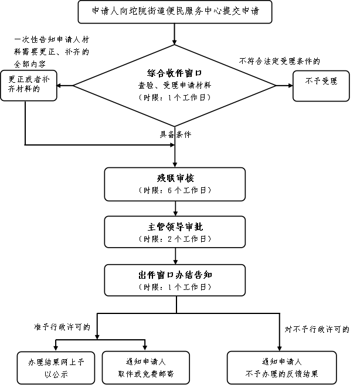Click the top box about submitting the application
pyautogui.click(x=175, y=12)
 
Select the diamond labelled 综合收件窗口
pyautogui.click(x=175, y=86)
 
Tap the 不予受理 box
pyautogui.click(x=321, y=86)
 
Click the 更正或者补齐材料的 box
pyautogui.click(x=29, y=86)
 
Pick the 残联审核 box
pyautogui.click(x=175, y=184)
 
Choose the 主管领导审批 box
pyautogui.click(x=175, y=232)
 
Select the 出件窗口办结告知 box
pyautogui.click(x=175, y=280)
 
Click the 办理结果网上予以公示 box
pyautogui.click(x=56, y=367)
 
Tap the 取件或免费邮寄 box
pyautogui.click(x=146, y=367)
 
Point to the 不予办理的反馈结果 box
pyautogui.click(x=282, y=367)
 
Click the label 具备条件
pyautogui.click(x=175, y=134)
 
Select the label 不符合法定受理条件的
pyautogui.click(x=280, y=61)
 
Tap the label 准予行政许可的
pyautogui.click(x=62, y=327)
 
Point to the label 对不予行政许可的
pyautogui.click(x=317, y=329)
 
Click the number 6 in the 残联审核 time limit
pyautogui.click(x=169, y=191)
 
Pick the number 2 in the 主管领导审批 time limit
pyautogui.click(x=169, y=239)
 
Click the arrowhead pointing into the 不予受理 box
pyautogui.click(x=291, y=86)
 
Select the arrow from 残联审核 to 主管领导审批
pyautogui.click(x=175, y=208)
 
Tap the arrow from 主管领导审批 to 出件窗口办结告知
pyautogui.click(x=175, y=256)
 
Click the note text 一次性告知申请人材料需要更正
pyautogui.click(x=52, y=46)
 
